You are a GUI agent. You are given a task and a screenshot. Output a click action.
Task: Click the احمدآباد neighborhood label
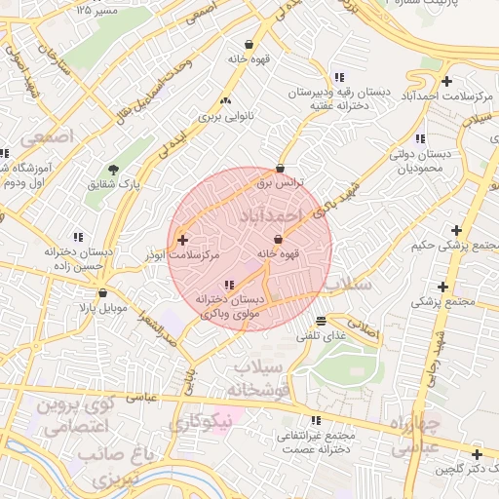click(x=270, y=212)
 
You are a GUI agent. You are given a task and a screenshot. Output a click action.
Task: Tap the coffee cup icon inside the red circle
click(x=279, y=239)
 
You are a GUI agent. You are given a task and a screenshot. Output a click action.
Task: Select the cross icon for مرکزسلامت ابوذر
click(x=182, y=239)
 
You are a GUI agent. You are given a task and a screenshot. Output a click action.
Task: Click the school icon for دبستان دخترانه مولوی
click(x=228, y=285)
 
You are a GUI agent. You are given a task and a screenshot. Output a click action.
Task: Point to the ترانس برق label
click(x=281, y=182)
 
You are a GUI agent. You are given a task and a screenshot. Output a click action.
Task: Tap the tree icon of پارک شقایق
click(x=114, y=170)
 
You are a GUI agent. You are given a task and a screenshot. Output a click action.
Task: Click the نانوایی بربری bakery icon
click(x=226, y=100)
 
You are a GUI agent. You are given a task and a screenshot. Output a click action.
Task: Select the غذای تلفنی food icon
click(x=322, y=322)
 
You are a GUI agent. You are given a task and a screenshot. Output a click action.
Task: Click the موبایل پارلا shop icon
click(x=102, y=292)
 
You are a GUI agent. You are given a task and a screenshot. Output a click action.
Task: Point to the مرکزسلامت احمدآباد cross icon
click(x=446, y=80)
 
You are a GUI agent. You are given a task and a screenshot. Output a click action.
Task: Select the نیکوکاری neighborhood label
click(x=201, y=422)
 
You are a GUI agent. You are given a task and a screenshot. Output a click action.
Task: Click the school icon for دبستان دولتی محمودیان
click(x=420, y=139)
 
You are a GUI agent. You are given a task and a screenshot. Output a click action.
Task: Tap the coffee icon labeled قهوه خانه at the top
click(x=249, y=45)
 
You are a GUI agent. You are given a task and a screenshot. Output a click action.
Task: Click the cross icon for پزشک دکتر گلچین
click(x=477, y=455)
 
